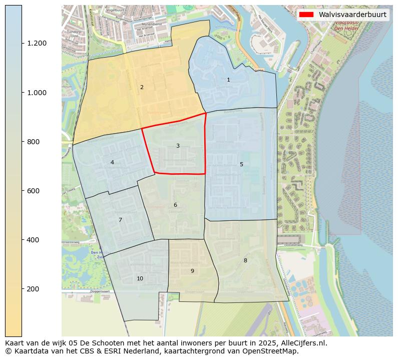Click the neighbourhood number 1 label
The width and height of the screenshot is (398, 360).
228,80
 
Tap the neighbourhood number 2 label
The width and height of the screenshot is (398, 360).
142,88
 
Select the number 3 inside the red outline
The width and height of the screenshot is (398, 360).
178,146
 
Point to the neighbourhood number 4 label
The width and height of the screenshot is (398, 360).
112,163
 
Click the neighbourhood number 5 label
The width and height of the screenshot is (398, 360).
241,165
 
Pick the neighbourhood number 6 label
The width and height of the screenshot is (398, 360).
175,205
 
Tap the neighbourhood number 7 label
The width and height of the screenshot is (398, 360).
120,220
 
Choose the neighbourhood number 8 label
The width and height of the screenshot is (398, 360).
245,261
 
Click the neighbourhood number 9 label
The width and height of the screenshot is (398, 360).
192,271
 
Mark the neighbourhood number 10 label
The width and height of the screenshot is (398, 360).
140,279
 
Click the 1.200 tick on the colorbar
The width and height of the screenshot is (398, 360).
37,43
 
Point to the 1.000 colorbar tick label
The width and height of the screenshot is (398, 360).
37,93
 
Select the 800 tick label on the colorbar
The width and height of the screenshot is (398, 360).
34,142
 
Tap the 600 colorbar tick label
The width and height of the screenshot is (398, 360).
34,191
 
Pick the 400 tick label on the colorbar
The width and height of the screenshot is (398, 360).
34,240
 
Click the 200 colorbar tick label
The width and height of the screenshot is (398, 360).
34,289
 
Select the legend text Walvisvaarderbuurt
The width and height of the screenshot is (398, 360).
352,15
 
